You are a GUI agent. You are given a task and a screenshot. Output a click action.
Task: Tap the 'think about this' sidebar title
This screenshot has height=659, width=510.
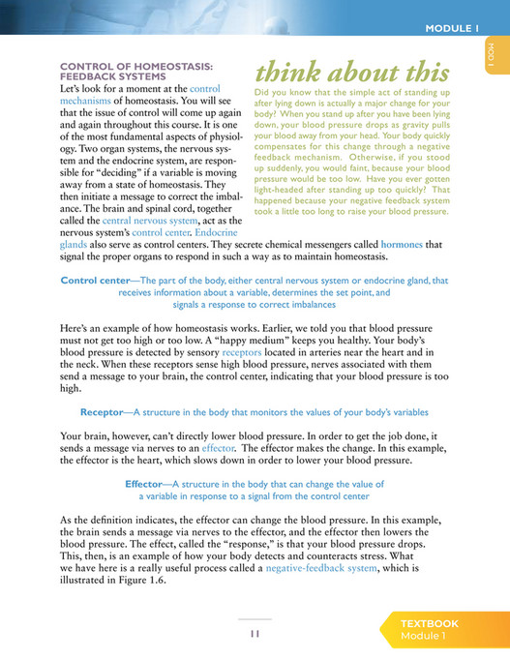(x=351, y=73)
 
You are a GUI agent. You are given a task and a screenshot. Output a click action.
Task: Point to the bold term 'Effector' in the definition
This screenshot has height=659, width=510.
(x=150, y=484)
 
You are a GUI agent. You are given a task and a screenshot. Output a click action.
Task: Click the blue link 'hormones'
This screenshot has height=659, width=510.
(x=402, y=245)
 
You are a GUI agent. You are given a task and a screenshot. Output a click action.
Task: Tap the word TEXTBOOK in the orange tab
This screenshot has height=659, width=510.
(x=430, y=624)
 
